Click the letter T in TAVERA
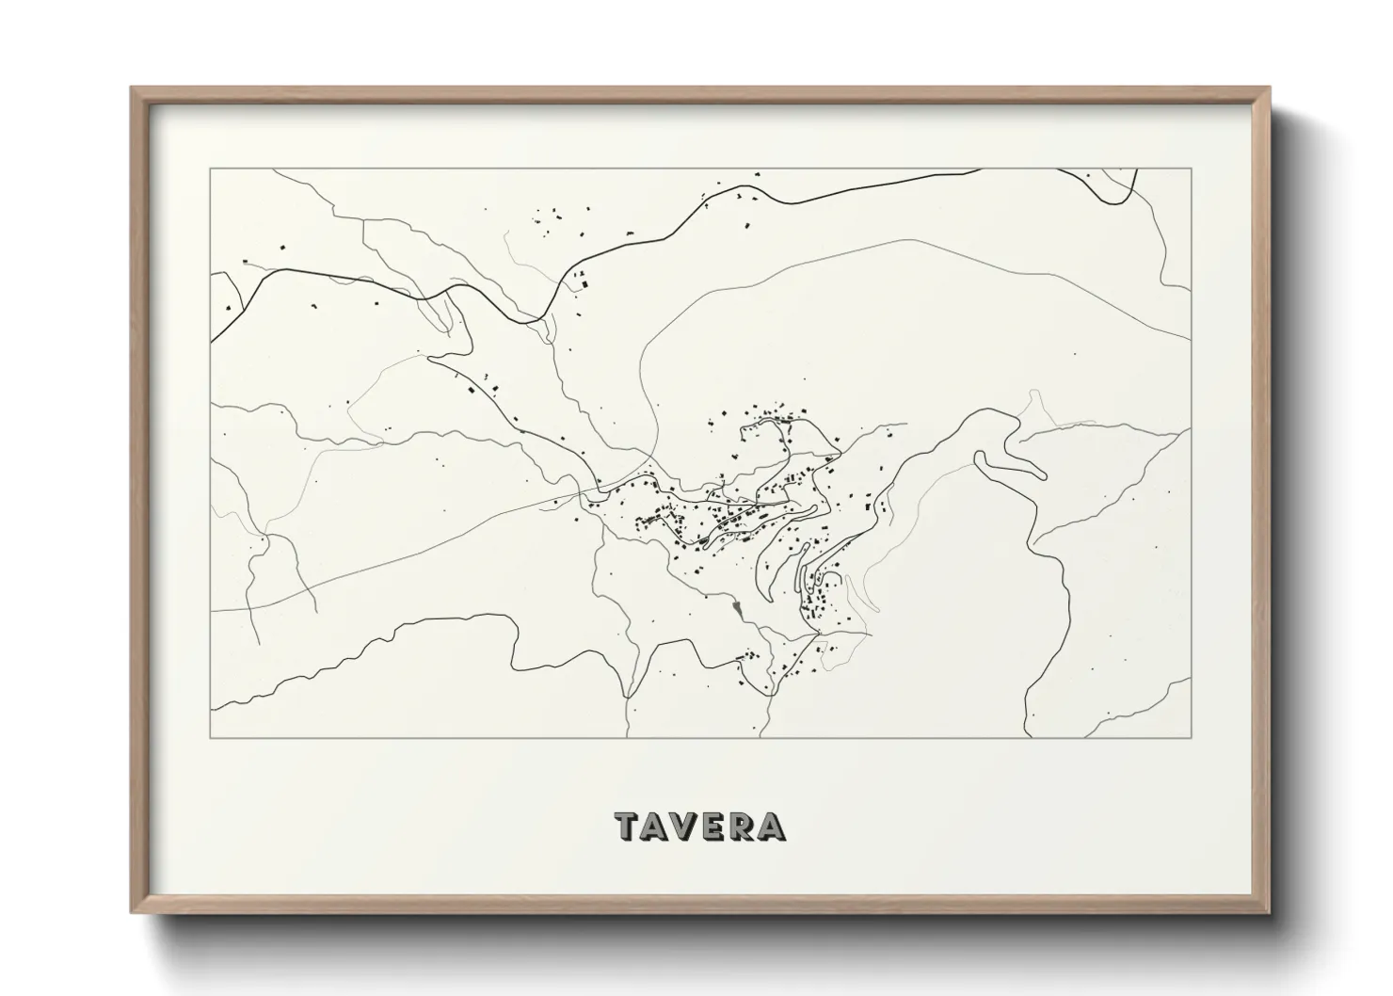click(x=629, y=827)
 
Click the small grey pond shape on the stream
click(x=739, y=609)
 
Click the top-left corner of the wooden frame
click(x=132, y=88)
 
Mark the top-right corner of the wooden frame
click(x=1269, y=88)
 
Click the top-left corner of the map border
click(x=211, y=169)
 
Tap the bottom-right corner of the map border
click(x=1192, y=736)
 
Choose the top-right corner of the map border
click(x=1192, y=169)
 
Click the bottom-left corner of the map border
click(x=211, y=736)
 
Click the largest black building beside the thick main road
click(x=583, y=280)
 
